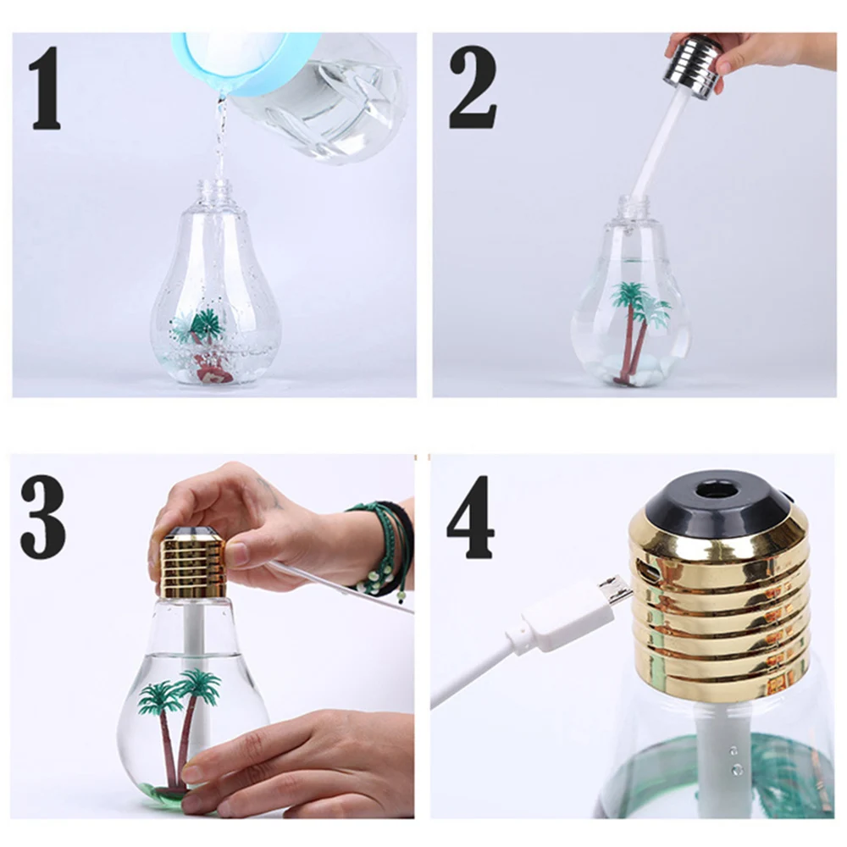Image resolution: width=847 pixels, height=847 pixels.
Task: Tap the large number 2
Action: point(473,87)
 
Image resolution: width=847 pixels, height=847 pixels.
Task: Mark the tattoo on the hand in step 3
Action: point(271,493)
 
